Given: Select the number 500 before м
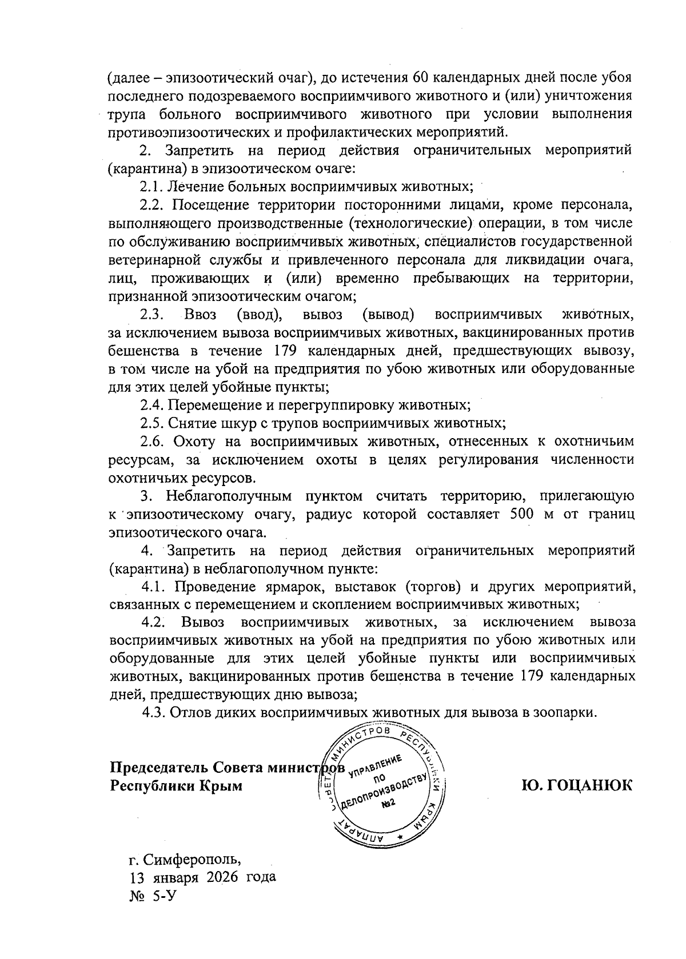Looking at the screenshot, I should [x=521, y=513].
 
